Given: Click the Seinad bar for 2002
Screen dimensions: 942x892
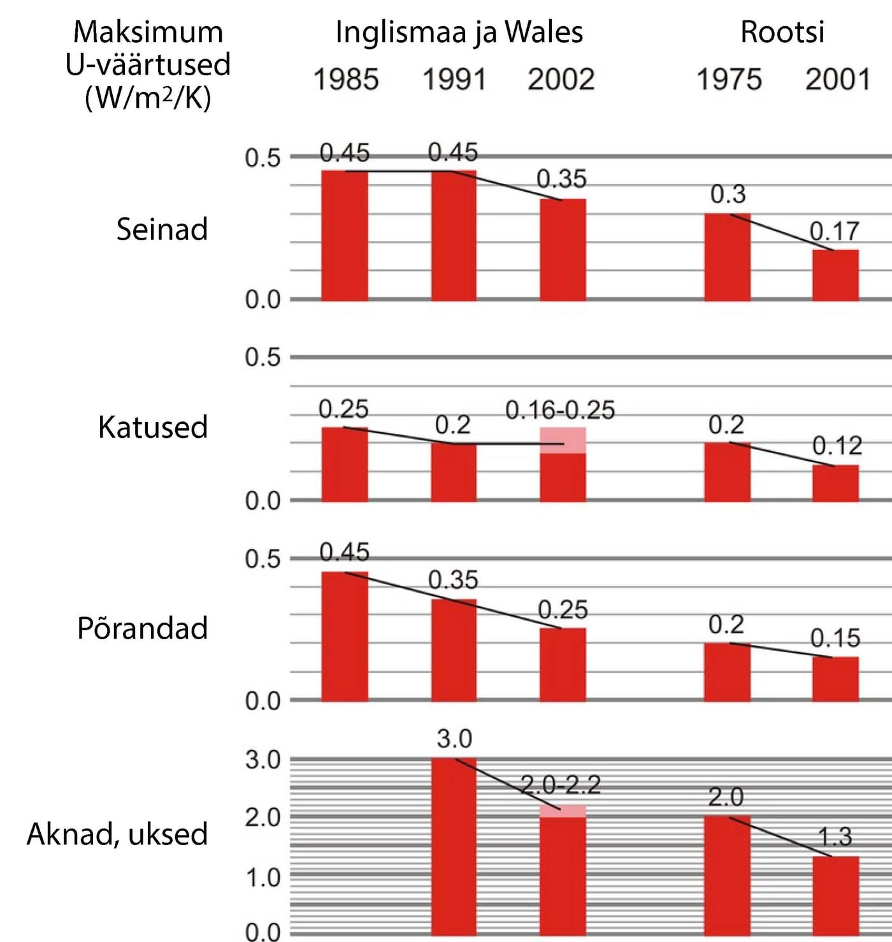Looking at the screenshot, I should [563, 249].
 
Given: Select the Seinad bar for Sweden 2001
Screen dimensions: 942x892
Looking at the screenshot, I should [835, 275].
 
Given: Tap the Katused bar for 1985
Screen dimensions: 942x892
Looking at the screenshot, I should [345, 464].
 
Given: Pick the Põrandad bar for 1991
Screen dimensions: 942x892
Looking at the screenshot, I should [454, 650].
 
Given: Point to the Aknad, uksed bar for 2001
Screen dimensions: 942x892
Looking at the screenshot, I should [835, 895].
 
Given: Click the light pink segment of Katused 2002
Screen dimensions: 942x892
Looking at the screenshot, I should [563, 440].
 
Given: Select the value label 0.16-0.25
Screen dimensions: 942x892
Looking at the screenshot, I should [560, 410].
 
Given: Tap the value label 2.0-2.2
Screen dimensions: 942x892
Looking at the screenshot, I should [561, 785].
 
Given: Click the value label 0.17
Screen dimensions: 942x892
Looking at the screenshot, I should [834, 231].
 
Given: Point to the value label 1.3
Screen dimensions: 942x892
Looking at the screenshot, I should [835, 837].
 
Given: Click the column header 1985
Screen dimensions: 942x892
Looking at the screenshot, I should [346, 80].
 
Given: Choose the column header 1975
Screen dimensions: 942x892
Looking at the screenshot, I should [729, 80].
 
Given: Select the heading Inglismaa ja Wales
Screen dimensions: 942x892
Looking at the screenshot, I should [459, 32].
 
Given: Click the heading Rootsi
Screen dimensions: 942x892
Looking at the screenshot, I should [782, 32].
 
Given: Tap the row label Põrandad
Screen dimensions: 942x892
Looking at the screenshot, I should [143, 628].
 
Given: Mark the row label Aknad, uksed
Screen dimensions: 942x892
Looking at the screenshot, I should [117, 834].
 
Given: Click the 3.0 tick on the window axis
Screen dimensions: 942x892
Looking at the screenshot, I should [263, 760].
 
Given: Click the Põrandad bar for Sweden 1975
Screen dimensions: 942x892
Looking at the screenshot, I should [727, 672].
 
